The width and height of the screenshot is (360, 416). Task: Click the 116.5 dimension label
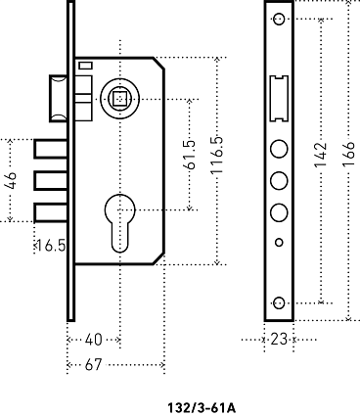coord(217,155)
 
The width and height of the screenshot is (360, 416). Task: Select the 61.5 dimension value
coord(190,155)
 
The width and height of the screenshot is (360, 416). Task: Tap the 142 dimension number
coord(321,155)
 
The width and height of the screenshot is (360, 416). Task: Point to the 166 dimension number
coord(348,154)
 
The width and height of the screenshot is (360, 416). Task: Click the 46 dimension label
coord(11,180)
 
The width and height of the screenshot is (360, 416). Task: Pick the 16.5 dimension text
coord(50,246)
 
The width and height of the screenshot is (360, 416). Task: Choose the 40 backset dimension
coord(94,340)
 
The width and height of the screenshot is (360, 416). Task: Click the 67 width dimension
coord(94,364)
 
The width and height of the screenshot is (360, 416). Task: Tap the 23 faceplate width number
coord(279,340)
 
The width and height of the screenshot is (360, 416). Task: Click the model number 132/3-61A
coord(202,408)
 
